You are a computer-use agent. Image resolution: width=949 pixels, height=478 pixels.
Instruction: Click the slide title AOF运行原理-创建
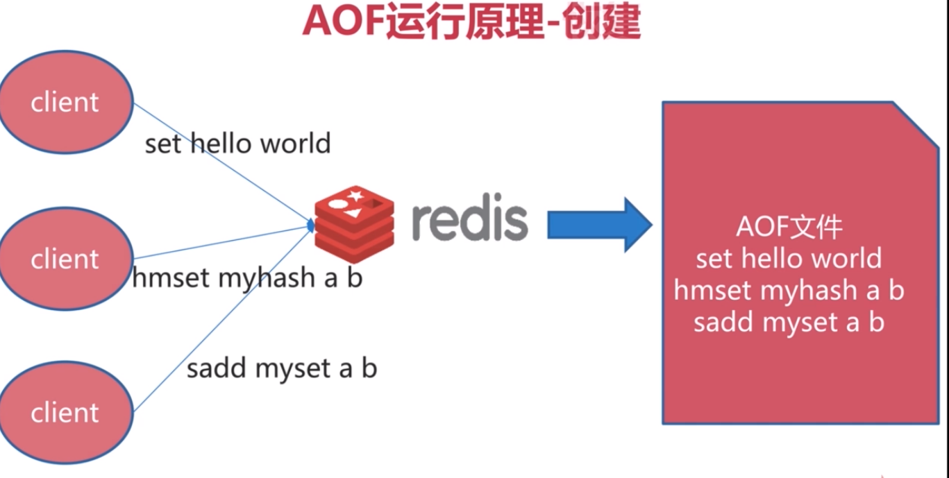point(471,22)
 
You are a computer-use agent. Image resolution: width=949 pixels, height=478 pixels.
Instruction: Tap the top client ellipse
point(65,102)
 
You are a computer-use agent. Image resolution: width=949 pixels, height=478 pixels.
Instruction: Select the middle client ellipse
point(65,259)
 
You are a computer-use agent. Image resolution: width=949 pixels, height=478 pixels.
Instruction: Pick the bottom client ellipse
point(65,412)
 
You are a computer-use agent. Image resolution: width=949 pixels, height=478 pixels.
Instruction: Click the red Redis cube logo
point(354,221)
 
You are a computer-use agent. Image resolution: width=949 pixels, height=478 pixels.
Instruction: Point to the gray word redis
point(469,221)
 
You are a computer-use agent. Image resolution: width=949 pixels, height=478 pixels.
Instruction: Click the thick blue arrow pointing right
point(598,225)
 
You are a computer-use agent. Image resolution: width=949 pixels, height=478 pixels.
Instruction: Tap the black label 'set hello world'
point(237,144)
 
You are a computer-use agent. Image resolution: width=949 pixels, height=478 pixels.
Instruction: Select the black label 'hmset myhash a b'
point(247,278)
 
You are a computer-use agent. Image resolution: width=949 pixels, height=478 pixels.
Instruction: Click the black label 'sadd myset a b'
point(281,368)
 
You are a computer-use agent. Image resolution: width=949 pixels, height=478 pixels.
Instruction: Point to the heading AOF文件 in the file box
point(789,228)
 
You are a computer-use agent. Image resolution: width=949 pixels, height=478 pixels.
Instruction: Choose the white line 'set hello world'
point(789,259)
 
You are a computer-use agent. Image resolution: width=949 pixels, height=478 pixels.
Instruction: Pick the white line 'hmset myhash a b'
point(789,290)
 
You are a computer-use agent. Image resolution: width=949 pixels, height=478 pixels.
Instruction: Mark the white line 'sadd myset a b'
point(789,322)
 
